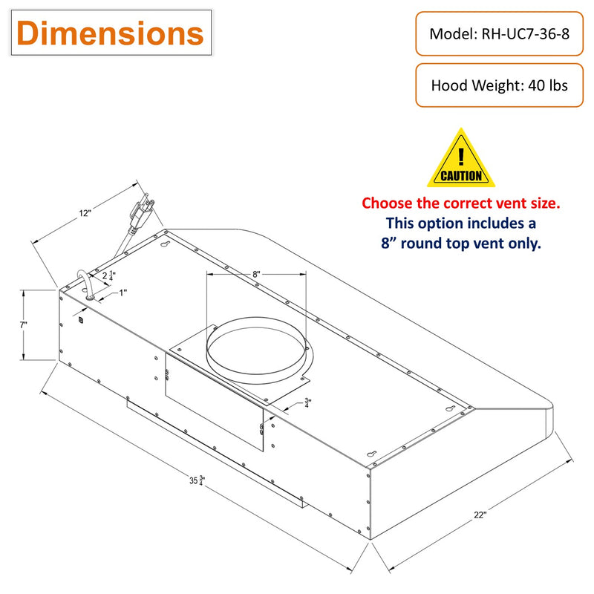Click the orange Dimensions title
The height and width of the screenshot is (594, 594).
click(x=110, y=33)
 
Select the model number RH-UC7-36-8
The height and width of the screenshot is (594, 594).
click(x=525, y=33)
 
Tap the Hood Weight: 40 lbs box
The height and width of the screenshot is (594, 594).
click(x=499, y=85)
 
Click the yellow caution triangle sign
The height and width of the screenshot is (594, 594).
click(x=461, y=157)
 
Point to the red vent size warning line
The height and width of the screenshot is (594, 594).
click(x=460, y=203)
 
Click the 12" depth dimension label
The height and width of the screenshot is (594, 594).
click(x=85, y=213)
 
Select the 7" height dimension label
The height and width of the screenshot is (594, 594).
click(x=24, y=324)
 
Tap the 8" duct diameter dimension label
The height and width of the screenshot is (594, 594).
click(x=256, y=274)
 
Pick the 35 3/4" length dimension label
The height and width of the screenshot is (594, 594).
click(x=197, y=480)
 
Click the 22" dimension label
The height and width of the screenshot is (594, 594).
click(x=480, y=515)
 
